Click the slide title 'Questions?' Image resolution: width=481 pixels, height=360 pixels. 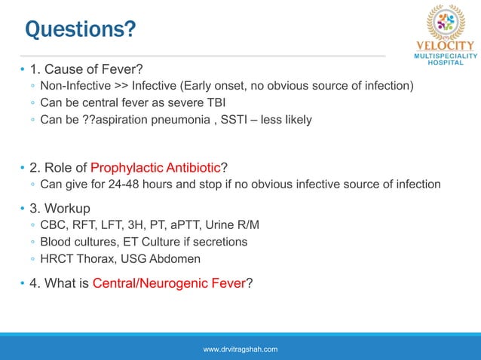coord(81,29)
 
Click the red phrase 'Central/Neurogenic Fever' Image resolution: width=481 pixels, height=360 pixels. coord(169,283)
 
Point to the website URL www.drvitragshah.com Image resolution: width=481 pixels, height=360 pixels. coord(240,349)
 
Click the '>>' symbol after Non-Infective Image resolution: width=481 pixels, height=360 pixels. coord(119,86)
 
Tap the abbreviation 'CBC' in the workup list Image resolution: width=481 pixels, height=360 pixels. coord(54,226)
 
